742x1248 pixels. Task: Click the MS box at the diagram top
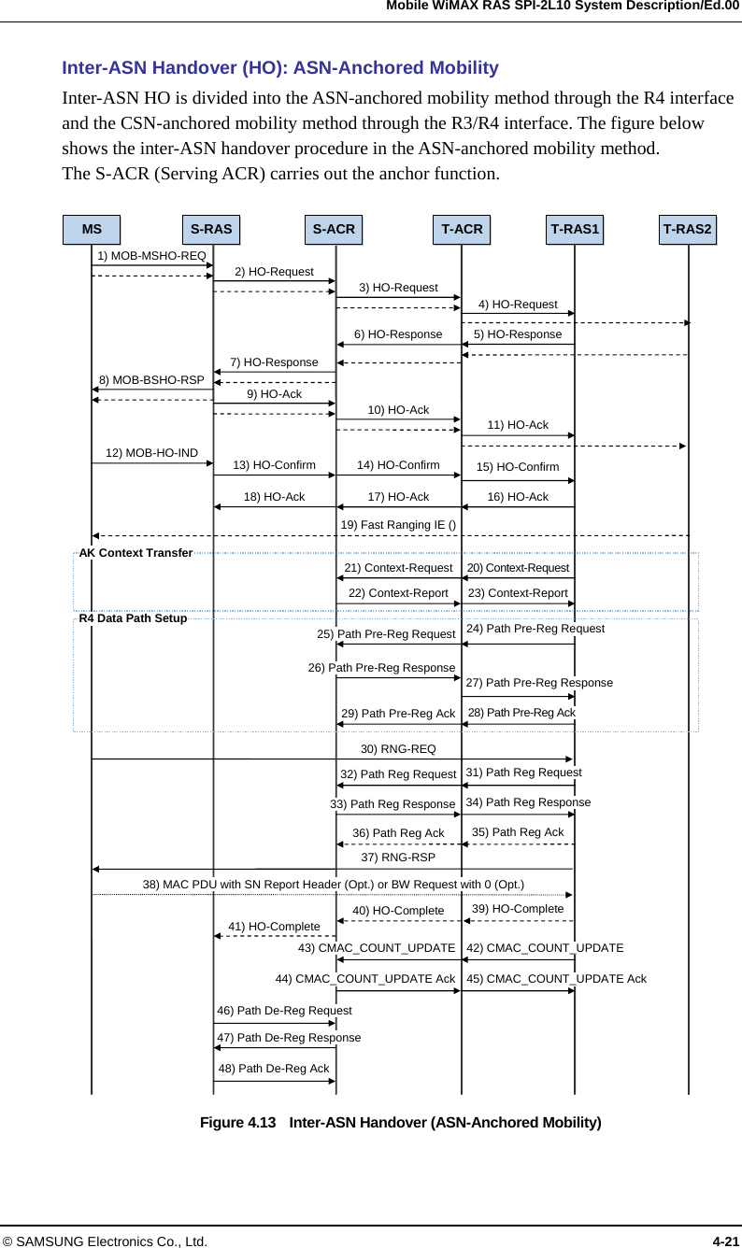click(92, 230)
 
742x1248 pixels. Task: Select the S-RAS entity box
click(211, 230)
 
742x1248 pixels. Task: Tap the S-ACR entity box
click(334, 230)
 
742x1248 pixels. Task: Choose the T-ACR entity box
click(462, 230)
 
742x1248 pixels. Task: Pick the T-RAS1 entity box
click(575, 230)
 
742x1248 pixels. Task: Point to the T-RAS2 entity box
click(688, 230)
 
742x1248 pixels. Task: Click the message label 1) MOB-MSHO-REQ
click(152, 256)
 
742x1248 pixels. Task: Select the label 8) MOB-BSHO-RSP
click(151, 380)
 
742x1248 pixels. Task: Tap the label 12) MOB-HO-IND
click(151, 453)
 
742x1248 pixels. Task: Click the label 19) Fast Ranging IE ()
click(398, 525)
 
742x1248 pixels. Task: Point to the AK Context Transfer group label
click(136, 553)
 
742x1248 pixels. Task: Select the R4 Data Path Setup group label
click(133, 618)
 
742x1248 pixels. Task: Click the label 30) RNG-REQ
click(398, 749)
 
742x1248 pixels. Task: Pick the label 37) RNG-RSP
click(398, 858)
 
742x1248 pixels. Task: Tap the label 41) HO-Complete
click(274, 927)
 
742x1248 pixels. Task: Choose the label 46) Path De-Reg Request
click(284, 1011)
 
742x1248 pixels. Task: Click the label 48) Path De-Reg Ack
click(273, 1069)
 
